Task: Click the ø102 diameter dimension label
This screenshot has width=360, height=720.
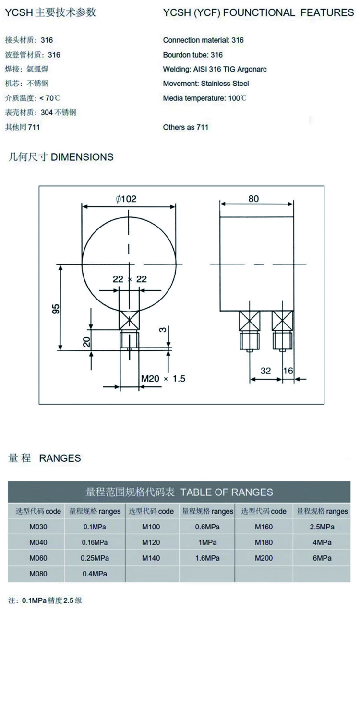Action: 126,199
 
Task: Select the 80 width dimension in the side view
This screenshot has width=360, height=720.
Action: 253,199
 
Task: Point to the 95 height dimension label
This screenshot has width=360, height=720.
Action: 56,309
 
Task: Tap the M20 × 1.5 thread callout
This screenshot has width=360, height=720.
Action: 163,378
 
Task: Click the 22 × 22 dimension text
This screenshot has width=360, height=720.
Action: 130,279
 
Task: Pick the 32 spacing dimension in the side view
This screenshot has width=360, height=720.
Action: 265,371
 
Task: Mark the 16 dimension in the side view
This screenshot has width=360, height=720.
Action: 288,371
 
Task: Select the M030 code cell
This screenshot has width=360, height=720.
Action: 38,527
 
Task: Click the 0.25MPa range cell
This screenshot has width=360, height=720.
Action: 95,558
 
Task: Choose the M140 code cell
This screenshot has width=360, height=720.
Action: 151,558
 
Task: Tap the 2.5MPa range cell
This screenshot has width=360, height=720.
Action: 322,527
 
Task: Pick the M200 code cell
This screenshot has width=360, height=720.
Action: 264,558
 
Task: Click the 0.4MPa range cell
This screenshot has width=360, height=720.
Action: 95,574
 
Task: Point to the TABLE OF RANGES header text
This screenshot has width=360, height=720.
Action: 227,492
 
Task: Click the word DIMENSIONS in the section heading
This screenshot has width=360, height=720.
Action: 82,157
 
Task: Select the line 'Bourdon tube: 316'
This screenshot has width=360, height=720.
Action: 193,55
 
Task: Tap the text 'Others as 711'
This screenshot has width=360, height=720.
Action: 185,127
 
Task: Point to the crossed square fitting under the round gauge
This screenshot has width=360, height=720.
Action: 129,320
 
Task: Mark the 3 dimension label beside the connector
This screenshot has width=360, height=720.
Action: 163,330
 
